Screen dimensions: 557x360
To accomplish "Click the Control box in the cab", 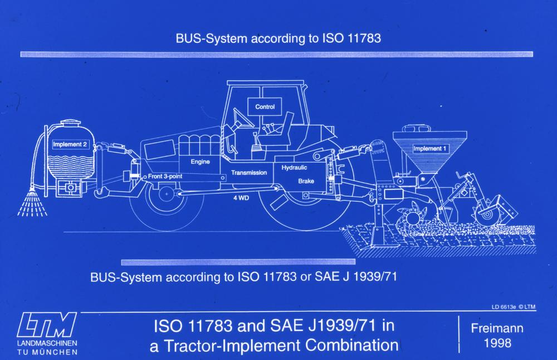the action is pyautogui.click(x=265, y=106).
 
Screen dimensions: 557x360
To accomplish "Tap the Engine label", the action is pyautogui.click(x=200, y=162).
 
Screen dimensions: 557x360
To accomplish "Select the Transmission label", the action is pyautogui.click(x=248, y=173).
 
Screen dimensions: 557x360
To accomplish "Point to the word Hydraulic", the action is pyautogui.click(x=294, y=168).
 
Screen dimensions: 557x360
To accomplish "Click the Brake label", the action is pyautogui.click(x=306, y=181).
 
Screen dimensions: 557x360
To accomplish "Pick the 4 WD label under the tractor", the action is pyautogui.click(x=241, y=198).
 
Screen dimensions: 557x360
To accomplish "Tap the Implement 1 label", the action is pyautogui.click(x=429, y=149).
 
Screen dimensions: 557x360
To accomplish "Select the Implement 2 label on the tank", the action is pyautogui.click(x=70, y=144).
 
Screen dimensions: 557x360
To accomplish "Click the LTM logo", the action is pyautogui.click(x=47, y=325).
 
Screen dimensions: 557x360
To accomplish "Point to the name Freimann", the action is pyautogui.click(x=497, y=328).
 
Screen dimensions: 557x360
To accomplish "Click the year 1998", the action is pyautogui.click(x=497, y=343).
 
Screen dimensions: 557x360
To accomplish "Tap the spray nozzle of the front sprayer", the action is pyautogui.click(x=32, y=194).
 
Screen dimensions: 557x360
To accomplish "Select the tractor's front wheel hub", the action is pyautogui.click(x=166, y=194).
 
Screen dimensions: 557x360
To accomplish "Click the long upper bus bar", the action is pyautogui.click(x=276, y=55).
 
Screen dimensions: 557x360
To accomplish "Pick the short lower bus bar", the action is pyautogui.click(x=238, y=262).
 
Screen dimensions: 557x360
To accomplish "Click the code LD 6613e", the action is pyautogui.click(x=504, y=307).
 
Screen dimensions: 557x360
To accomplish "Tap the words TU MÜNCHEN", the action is pyautogui.click(x=47, y=352).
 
